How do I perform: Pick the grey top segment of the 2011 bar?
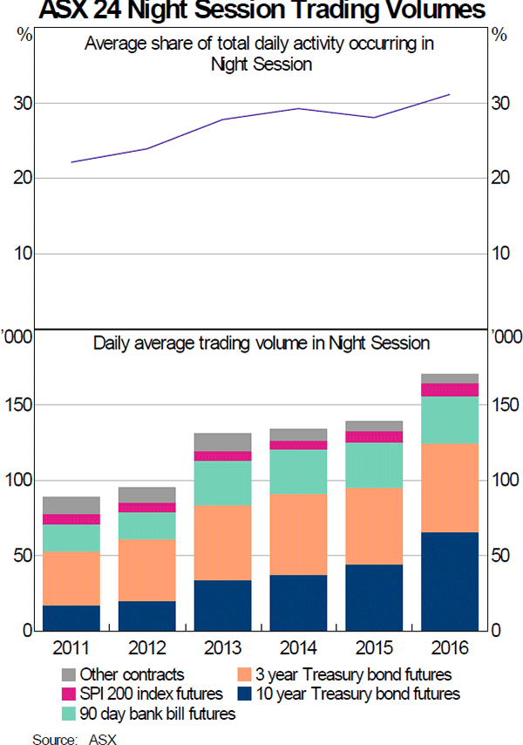[x=71, y=505]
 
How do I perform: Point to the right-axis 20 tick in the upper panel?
[x=500, y=179]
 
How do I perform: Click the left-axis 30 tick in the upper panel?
[x=22, y=104]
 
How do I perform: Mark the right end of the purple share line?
[x=449, y=94]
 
